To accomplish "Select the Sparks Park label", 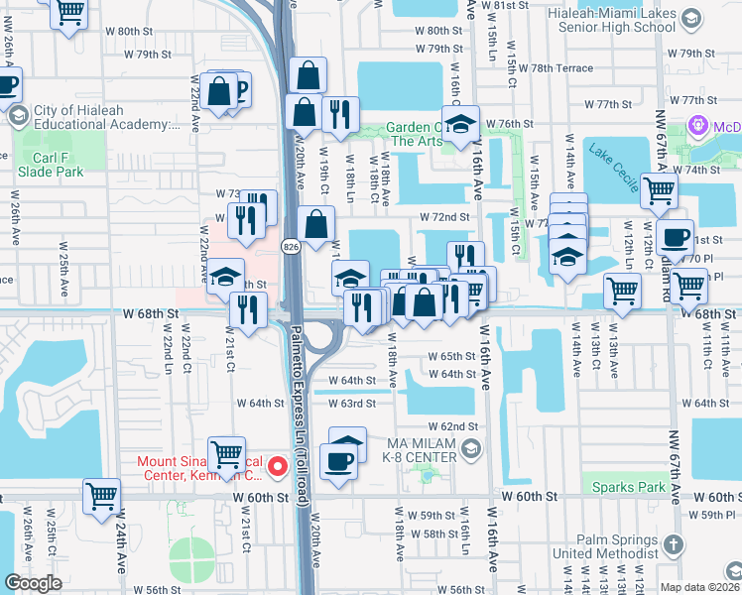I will (x=628, y=486).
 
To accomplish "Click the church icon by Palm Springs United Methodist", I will (x=672, y=544).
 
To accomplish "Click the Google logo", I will (x=33, y=583).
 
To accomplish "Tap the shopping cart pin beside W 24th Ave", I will (x=101, y=495).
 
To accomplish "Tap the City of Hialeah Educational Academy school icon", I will (x=17, y=116).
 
